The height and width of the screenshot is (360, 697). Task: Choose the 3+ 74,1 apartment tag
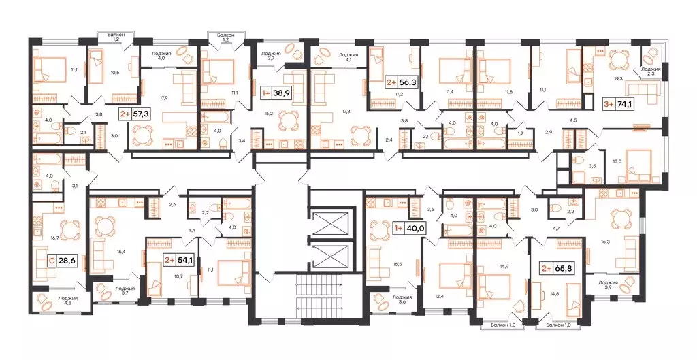point(618,104)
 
